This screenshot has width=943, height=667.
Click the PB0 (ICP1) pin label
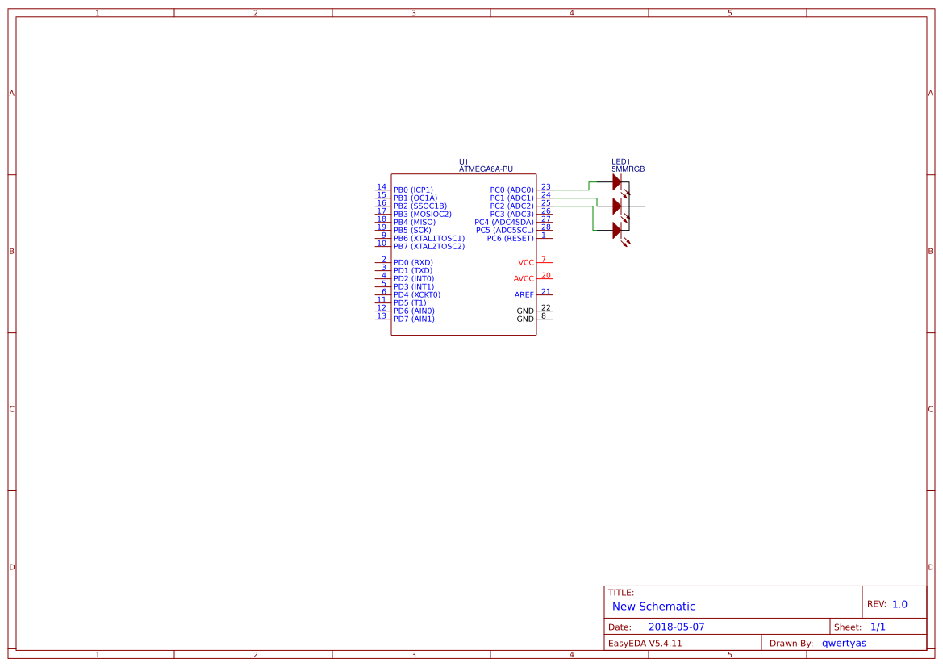(x=413, y=190)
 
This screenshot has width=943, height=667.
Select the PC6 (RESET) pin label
(x=510, y=239)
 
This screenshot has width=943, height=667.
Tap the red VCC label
(x=526, y=263)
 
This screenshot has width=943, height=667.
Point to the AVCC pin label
(x=524, y=279)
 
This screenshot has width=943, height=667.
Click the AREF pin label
(x=524, y=295)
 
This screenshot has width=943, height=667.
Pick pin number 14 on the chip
(x=382, y=187)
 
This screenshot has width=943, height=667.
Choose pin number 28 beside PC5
(x=546, y=227)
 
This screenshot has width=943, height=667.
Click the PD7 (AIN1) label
(x=414, y=319)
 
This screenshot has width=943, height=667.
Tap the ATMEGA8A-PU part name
(x=486, y=169)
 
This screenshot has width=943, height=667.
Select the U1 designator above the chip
(x=463, y=161)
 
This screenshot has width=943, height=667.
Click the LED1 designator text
(x=621, y=161)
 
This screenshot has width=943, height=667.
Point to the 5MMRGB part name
(x=628, y=169)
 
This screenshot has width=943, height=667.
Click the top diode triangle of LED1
(x=617, y=182)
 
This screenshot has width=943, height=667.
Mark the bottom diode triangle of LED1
(x=617, y=231)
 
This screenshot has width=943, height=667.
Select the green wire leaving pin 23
(x=569, y=190)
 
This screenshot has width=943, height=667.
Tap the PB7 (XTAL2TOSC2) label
(x=429, y=247)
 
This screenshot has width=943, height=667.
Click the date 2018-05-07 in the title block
(x=676, y=627)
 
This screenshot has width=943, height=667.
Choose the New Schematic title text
(x=653, y=607)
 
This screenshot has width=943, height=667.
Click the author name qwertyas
(x=844, y=643)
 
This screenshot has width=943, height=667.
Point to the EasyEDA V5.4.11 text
(x=645, y=643)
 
